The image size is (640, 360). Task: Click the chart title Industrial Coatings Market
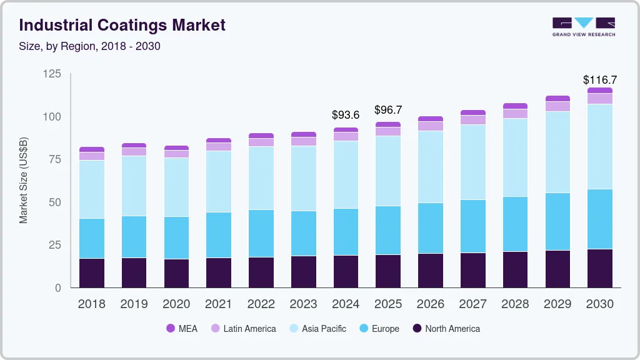coord(122,26)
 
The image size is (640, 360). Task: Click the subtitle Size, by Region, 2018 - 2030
coord(90,46)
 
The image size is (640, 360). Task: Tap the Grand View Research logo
coord(583,26)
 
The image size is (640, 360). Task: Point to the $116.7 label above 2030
coord(599,80)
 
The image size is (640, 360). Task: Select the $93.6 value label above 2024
coord(346,115)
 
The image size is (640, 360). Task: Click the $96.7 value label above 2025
coord(388,110)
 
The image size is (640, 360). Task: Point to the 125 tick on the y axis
coord(52,74)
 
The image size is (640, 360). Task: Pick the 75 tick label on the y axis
coord(55,159)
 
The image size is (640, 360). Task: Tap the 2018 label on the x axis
coord(92,304)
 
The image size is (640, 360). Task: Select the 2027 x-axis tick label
coord(472,304)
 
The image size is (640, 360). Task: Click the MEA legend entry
coord(182,329)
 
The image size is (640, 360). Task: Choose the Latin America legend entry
coord(243,329)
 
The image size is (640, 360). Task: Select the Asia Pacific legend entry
coord(317,329)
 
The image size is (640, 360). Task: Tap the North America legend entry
coord(446,329)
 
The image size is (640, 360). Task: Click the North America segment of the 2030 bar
coord(599,268)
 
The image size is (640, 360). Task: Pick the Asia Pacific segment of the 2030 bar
coord(599,146)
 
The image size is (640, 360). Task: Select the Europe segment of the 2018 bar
coord(92,238)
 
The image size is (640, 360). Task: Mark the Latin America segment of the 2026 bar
coord(430,126)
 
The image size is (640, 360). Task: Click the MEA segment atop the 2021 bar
coord(218,141)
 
